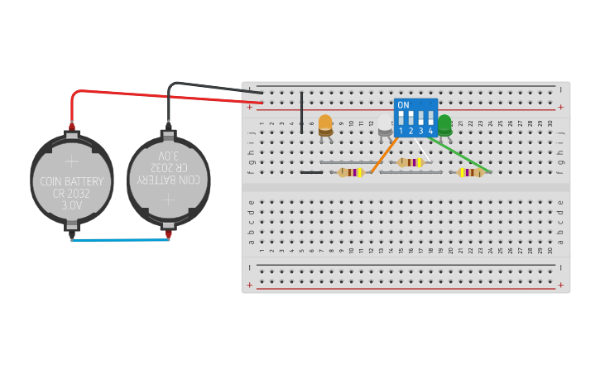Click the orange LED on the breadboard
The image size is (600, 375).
tap(325, 124)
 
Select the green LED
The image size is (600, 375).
tap(444, 124)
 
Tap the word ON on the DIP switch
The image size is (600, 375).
tap(403, 105)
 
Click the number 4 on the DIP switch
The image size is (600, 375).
tap(430, 131)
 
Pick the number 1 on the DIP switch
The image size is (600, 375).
tap(401, 131)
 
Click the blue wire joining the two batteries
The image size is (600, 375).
tap(121, 240)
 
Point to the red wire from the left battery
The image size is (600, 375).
tap(166, 94)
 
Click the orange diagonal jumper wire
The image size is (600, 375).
tap(383, 155)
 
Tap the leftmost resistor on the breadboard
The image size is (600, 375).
tap(350, 172)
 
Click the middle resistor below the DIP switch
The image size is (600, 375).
tap(410, 162)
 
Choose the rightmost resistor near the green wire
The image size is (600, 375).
tap(471, 172)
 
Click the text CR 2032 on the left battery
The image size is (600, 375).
tap(72, 194)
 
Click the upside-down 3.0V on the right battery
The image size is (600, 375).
tap(168, 155)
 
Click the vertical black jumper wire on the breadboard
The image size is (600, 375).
tap(301, 111)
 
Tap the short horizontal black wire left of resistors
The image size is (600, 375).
tap(311, 172)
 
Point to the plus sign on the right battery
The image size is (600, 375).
tap(169, 199)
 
